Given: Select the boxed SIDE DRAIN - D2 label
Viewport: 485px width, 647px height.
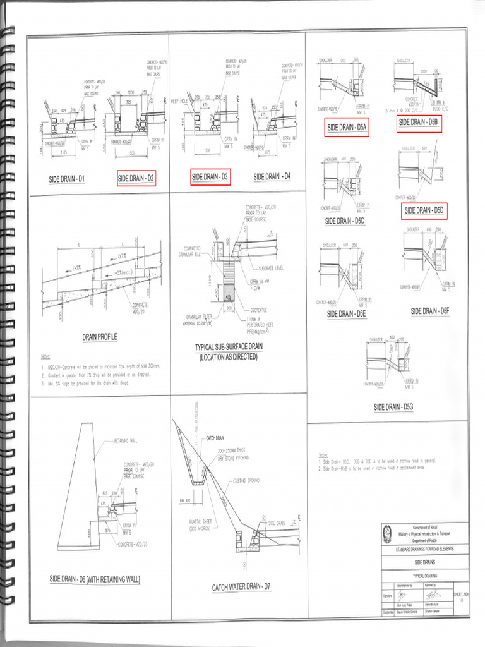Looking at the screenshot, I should coord(136,179).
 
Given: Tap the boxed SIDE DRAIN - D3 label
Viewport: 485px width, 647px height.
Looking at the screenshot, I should coord(211,178).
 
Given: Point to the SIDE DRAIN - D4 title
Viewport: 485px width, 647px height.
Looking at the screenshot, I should coord(272,177).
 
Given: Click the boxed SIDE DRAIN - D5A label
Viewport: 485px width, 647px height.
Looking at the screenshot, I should coord(347,128).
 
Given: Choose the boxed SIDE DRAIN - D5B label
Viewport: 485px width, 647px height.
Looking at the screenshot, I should coord(419,123).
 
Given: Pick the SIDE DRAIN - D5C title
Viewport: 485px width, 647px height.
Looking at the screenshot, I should coord(346,221).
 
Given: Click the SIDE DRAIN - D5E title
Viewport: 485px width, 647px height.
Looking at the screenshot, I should coord(347,313).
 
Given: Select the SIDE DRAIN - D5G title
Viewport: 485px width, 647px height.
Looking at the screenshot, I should coord(393,406).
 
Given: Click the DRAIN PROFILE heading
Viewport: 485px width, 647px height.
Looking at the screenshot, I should coord(99,337).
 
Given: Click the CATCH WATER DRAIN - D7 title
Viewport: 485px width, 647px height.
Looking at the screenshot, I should coord(241,587).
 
